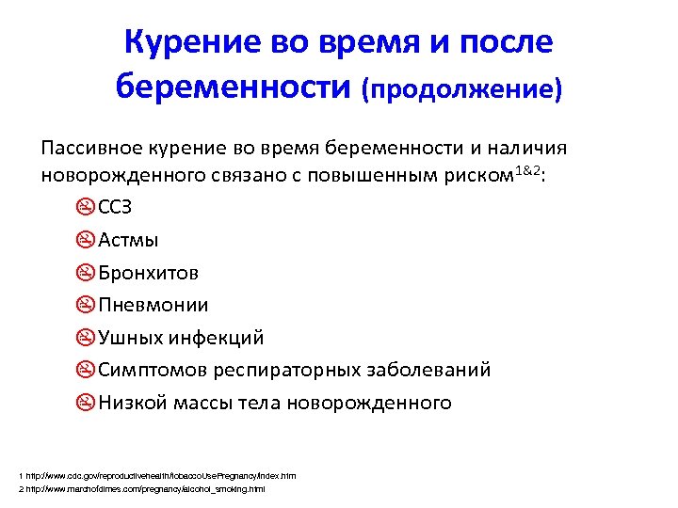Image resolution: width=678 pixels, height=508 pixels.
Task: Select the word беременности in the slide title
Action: (x=234, y=87)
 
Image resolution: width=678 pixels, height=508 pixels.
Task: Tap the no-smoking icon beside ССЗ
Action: (x=85, y=207)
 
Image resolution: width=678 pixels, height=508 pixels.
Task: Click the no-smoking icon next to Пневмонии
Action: (x=85, y=305)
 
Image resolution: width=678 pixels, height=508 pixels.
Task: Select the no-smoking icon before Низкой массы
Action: (x=85, y=403)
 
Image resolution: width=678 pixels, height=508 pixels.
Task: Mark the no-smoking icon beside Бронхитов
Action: (x=85, y=273)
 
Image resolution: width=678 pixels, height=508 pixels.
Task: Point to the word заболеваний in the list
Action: (x=437, y=370)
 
